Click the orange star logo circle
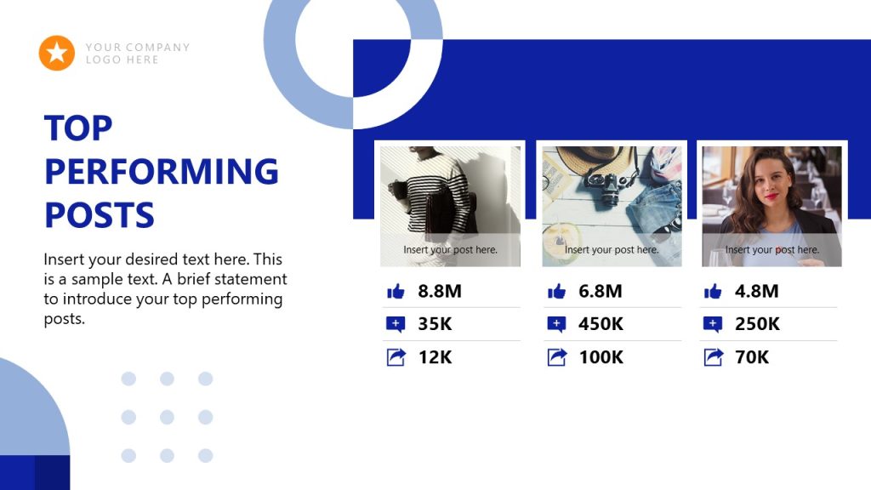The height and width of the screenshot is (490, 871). click(57, 53)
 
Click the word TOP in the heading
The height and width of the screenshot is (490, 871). click(78, 128)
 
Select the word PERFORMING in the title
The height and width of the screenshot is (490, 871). click(162, 172)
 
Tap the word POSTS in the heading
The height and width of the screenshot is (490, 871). click(100, 215)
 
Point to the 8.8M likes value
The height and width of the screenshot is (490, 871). click(440, 291)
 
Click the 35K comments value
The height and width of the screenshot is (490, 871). click(436, 324)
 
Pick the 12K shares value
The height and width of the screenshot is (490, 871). click(435, 357)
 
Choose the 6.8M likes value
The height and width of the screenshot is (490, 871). click(601, 291)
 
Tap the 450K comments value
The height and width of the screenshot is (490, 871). click(601, 324)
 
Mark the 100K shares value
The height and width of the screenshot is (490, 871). click(601, 357)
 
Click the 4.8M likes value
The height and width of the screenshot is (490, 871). click(757, 291)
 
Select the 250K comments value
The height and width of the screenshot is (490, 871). click(758, 324)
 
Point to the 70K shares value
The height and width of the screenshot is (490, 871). click(752, 357)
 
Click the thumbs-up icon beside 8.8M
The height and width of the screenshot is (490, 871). click(396, 292)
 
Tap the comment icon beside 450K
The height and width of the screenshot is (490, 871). click(556, 324)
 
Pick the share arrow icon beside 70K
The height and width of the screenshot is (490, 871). click(713, 357)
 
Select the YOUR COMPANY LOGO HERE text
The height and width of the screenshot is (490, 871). click(138, 54)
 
